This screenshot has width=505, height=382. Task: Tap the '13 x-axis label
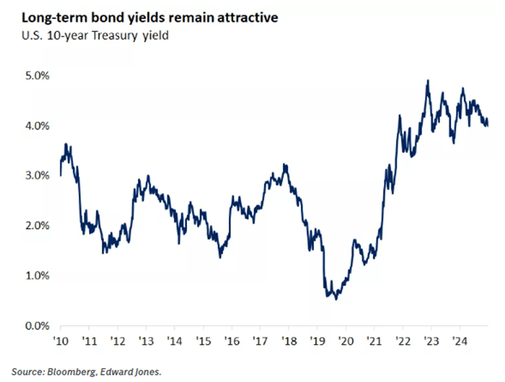tap(145, 341)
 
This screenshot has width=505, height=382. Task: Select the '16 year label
tap(231, 341)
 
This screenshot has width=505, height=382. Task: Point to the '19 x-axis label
tap(317, 341)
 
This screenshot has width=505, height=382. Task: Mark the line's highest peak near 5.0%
tap(428, 80)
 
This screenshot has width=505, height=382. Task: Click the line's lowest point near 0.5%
tap(335, 300)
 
